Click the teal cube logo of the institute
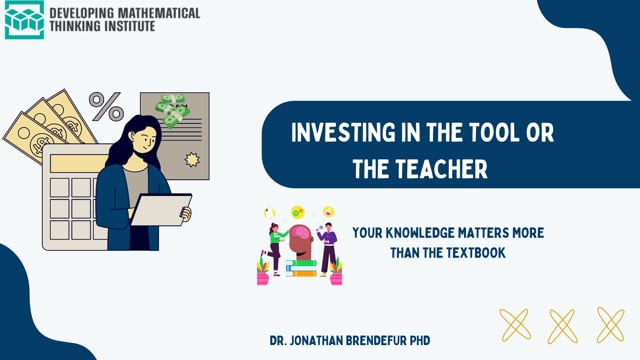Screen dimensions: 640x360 click(24, 20)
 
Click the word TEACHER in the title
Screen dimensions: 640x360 click(442, 169)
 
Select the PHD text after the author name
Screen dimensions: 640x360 click(420, 340)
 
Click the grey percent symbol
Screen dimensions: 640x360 click(106, 107)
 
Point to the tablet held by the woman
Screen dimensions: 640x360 click(161, 209)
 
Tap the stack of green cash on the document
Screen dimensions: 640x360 click(173, 111)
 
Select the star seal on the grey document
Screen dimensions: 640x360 click(192, 160)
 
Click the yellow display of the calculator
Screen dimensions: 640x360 click(78, 164)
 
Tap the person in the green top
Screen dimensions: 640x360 click(276, 250)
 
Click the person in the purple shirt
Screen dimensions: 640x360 click(328, 250)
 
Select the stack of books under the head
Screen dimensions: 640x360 click(301, 269)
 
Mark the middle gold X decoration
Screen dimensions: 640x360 click(562, 326)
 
